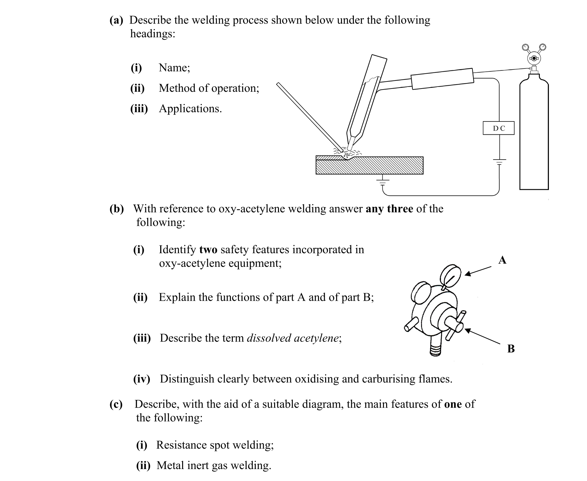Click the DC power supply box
pos(498,128)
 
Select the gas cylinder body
pos(534,136)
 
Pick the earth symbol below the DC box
pos(499,162)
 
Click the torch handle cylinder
pos(442,78)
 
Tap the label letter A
pos(502,260)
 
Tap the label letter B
pos(511,349)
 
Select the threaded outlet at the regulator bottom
pos(435,350)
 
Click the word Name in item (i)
pos(174,68)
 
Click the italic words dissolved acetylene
pos(293,338)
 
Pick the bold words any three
pos(389,209)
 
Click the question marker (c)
pos(116,404)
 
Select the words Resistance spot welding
pos(215,445)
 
